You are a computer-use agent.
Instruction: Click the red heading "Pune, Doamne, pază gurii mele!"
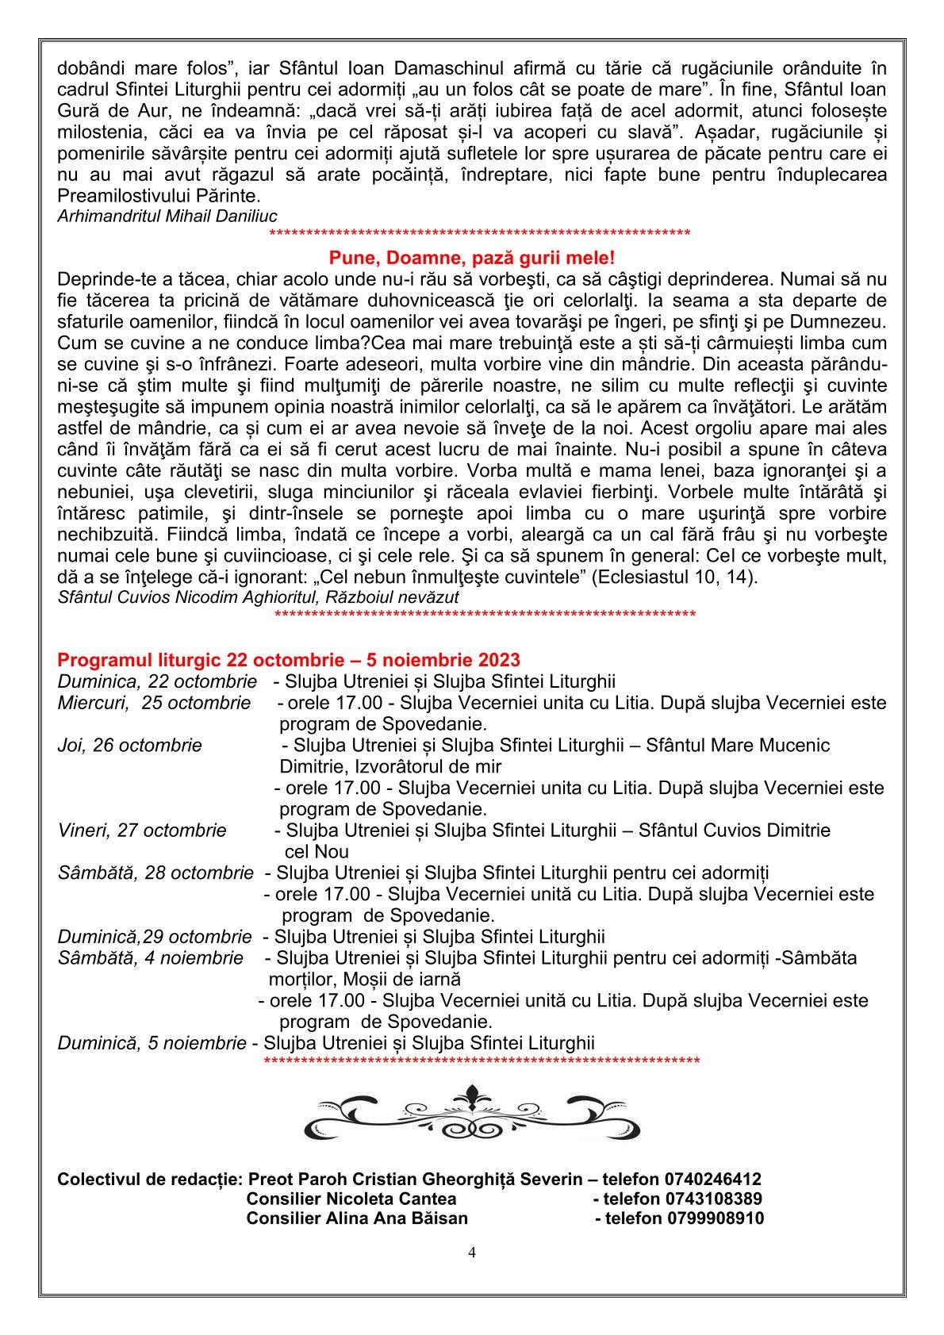coord(471,259)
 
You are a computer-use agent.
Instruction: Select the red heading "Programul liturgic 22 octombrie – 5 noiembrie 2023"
coord(289,660)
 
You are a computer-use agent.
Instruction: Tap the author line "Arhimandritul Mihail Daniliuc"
coord(167,216)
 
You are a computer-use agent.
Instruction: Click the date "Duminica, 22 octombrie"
coord(157,681)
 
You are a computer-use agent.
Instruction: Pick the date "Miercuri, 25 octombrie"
coord(154,703)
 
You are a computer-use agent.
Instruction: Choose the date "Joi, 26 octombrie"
coord(130,746)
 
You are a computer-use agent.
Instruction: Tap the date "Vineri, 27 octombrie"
coord(142,831)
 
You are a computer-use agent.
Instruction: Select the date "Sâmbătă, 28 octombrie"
coord(155,873)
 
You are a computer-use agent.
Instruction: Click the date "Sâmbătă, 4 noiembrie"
coord(151,957)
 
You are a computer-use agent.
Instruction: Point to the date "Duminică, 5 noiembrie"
coord(152,1043)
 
